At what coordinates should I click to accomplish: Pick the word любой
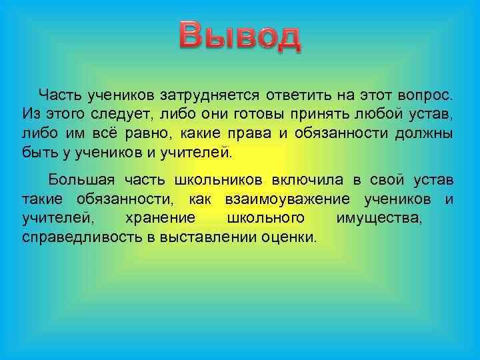383,112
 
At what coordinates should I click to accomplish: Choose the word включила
307,180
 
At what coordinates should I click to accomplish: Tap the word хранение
160,218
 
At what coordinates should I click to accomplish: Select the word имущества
379,218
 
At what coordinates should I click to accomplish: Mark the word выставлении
209,237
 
